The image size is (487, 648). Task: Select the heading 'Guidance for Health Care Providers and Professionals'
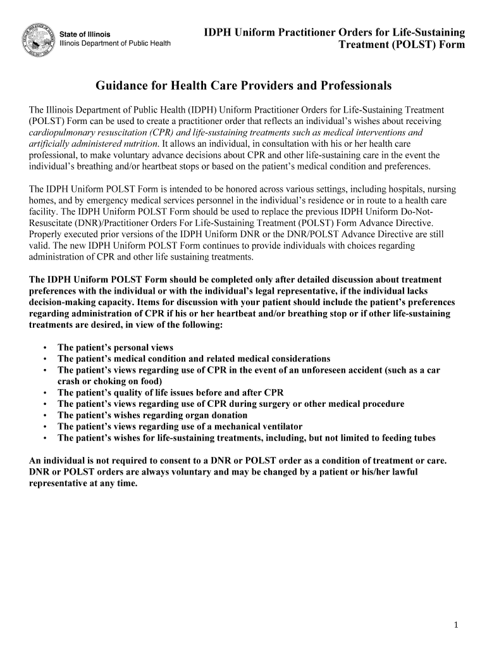tap(244, 85)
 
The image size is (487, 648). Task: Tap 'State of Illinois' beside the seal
tap(85, 34)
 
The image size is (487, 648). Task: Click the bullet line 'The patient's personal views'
tap(115, 347)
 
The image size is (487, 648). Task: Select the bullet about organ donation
tap(152, 415)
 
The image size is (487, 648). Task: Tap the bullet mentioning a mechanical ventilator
tap(180, 427)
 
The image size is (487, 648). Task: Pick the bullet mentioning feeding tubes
tap(246, 438)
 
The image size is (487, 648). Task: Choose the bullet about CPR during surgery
tap(231, 404)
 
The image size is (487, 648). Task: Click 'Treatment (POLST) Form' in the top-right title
tap(402, 44)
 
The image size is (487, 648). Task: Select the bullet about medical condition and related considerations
tap(194, 359)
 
